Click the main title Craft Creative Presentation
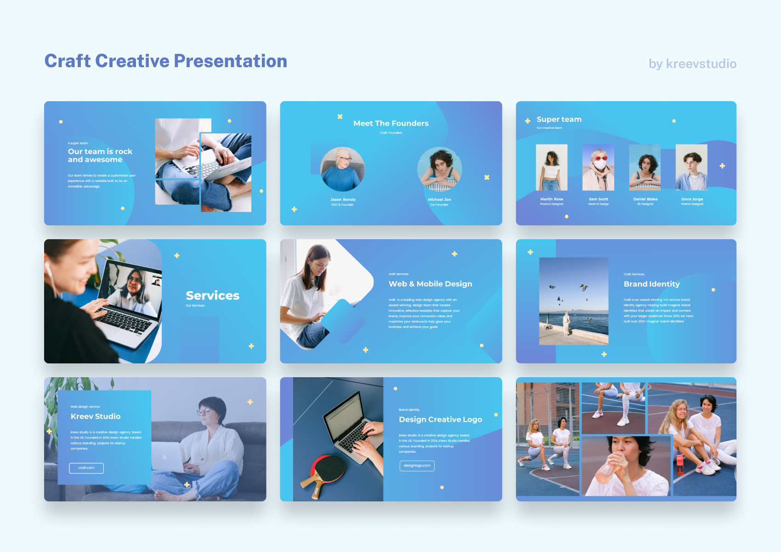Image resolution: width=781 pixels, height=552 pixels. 165,61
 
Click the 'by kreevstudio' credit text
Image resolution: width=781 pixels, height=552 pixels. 692,64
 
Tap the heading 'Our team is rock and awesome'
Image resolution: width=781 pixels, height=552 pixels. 100,155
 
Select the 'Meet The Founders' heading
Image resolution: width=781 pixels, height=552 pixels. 391,123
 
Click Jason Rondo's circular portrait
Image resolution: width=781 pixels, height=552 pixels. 343,169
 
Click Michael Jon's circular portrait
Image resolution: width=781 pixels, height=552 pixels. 440,169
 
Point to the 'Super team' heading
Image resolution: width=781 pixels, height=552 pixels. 559,120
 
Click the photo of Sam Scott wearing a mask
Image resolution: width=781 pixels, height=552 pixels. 598,167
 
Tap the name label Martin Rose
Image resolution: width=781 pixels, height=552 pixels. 551,199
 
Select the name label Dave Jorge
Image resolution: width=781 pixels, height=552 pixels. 692,199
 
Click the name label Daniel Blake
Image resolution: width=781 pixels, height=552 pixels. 645,199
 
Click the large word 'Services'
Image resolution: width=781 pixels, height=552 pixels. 212,295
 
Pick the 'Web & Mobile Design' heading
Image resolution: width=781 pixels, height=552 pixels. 430,284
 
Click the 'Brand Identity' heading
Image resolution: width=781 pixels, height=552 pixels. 651,284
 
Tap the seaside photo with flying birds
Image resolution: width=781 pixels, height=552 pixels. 573,301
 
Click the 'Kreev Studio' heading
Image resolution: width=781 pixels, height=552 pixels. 96,416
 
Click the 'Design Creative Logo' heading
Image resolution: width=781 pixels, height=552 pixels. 440,420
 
